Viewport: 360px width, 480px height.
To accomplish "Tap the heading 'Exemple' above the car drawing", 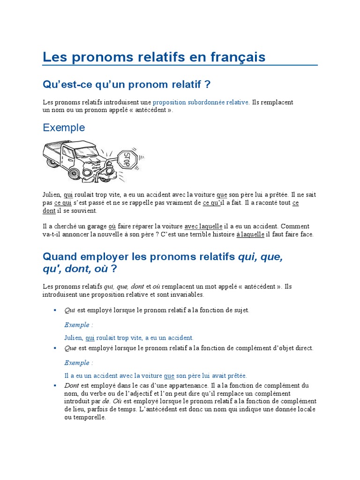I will [64, 127].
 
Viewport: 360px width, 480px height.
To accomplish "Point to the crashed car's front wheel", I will [74, 173].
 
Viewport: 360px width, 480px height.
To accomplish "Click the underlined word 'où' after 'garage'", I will [112, 226].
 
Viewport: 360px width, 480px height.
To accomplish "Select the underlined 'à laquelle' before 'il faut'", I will [250, 234].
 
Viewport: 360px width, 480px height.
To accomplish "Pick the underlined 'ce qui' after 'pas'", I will [63, 202].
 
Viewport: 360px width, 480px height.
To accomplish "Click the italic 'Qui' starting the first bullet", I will [70, 310].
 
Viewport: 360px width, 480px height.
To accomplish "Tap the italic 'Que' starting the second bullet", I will [70, 348].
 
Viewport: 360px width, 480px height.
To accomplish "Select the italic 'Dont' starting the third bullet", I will [72, 385].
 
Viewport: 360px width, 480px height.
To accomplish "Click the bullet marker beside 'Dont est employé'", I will [55, 385].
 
